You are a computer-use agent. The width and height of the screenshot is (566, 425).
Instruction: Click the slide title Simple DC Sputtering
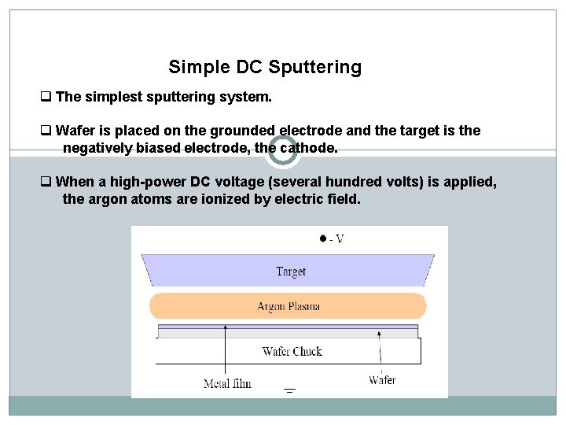point(265,68)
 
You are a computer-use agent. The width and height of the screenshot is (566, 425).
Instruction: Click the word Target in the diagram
point(290,272)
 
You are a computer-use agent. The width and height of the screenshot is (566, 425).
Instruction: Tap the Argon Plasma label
point(288,306)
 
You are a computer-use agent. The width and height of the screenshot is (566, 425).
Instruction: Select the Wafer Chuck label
point(292,351)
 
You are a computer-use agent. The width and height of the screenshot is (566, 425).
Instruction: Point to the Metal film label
point(227,384)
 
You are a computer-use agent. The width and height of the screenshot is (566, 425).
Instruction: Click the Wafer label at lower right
point(383,380)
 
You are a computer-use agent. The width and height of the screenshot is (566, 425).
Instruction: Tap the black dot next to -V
point(322,238)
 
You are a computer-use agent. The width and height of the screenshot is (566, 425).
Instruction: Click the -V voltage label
point(336,238)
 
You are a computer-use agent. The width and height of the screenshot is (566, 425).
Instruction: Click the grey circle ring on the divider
point(283,151)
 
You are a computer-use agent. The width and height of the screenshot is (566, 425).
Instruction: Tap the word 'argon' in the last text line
point(108,200)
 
